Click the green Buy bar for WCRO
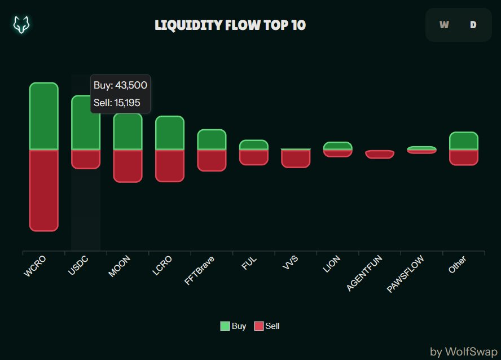(44, 116)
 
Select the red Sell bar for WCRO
(44, 190)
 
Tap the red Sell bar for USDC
(86, 159)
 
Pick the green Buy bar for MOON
(128, 131)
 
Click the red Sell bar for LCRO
(169, 165)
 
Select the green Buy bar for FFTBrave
(212, 139)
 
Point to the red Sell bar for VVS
(296, 159)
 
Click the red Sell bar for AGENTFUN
(379, 154)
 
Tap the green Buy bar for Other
(463, 141)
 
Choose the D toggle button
(473, 25)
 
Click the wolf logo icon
(22, 25)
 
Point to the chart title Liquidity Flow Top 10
(230, 25)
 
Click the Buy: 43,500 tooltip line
(120, 86)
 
